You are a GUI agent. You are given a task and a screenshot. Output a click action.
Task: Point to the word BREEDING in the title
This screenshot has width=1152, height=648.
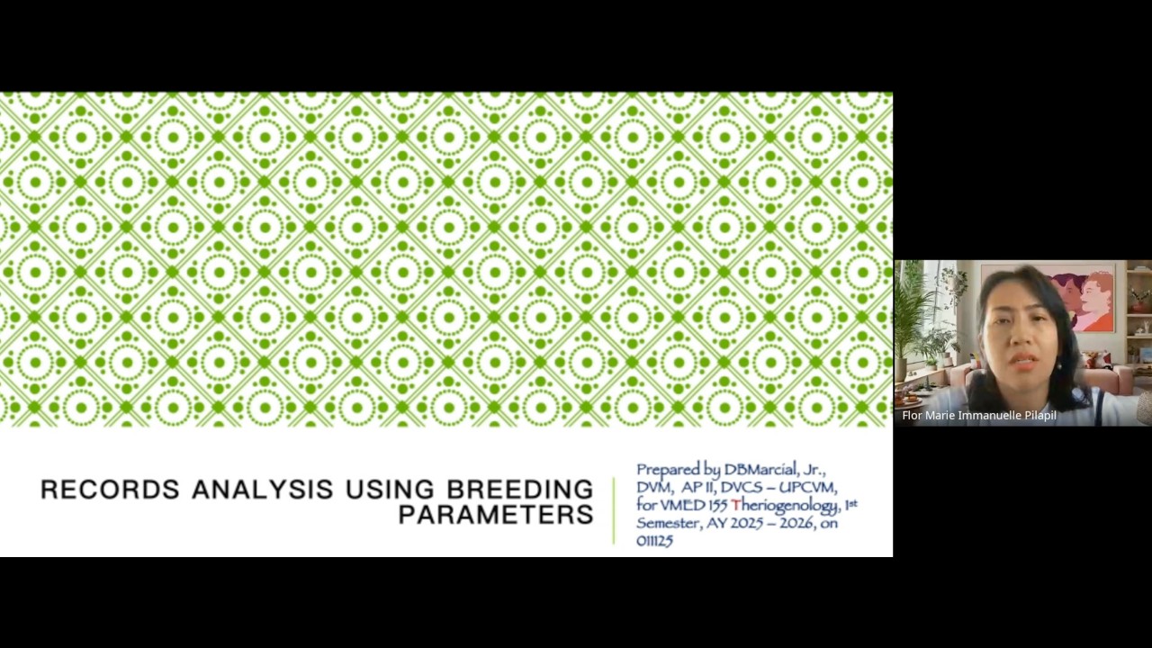tap(519, 490)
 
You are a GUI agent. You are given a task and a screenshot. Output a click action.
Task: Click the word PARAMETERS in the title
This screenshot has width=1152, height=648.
tap(495, 515)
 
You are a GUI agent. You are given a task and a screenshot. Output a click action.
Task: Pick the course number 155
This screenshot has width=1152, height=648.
tap(716, 505)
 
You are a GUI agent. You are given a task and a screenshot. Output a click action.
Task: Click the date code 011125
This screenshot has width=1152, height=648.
tap(654, 540)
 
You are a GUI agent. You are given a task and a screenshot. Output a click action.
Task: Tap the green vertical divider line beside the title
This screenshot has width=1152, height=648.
tap(614, 510)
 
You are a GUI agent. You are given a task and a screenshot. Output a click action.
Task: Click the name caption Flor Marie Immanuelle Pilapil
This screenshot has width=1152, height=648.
tap(979, 416)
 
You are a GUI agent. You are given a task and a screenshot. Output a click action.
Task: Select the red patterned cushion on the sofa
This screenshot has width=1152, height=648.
tap(1098, 360)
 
